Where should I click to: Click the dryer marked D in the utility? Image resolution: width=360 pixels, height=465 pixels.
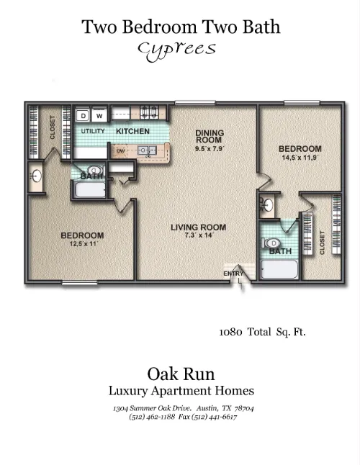(x=83, y=115)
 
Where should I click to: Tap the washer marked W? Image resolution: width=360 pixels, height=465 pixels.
(x=99, y=115)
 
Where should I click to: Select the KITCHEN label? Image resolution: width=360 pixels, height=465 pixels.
(x=132, y=131)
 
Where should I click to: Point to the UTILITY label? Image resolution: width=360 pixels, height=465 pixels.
(x=93, y=131)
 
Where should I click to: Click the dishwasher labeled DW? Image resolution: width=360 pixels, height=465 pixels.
(x=121, y=151)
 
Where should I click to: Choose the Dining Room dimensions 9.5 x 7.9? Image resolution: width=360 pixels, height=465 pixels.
(x=210, y=148)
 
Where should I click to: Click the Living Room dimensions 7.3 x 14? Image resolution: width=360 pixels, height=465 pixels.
(x=199, y=235)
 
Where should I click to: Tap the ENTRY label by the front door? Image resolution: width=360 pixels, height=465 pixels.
(x=233, y=274)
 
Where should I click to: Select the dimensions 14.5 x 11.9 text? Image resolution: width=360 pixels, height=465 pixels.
(x=300, y=157)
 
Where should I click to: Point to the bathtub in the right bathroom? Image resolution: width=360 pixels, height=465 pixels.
(x=279, y=269)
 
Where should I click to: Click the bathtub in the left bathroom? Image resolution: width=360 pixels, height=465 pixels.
(x=90, y=190)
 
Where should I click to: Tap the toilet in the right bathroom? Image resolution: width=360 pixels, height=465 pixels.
(x=271, y=243)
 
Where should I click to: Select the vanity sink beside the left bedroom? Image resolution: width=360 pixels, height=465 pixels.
(x=36, y=176)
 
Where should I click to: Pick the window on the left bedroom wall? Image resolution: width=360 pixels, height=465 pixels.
(x=79, y=283)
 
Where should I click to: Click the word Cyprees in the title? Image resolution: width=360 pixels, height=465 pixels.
(x=177, y=50)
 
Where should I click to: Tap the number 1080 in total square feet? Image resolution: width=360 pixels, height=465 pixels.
(x=230, y=332)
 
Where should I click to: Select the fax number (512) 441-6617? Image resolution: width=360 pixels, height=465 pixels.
(x=214, y=417)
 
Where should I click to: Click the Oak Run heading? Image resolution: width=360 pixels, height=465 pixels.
(x=181, y=374)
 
